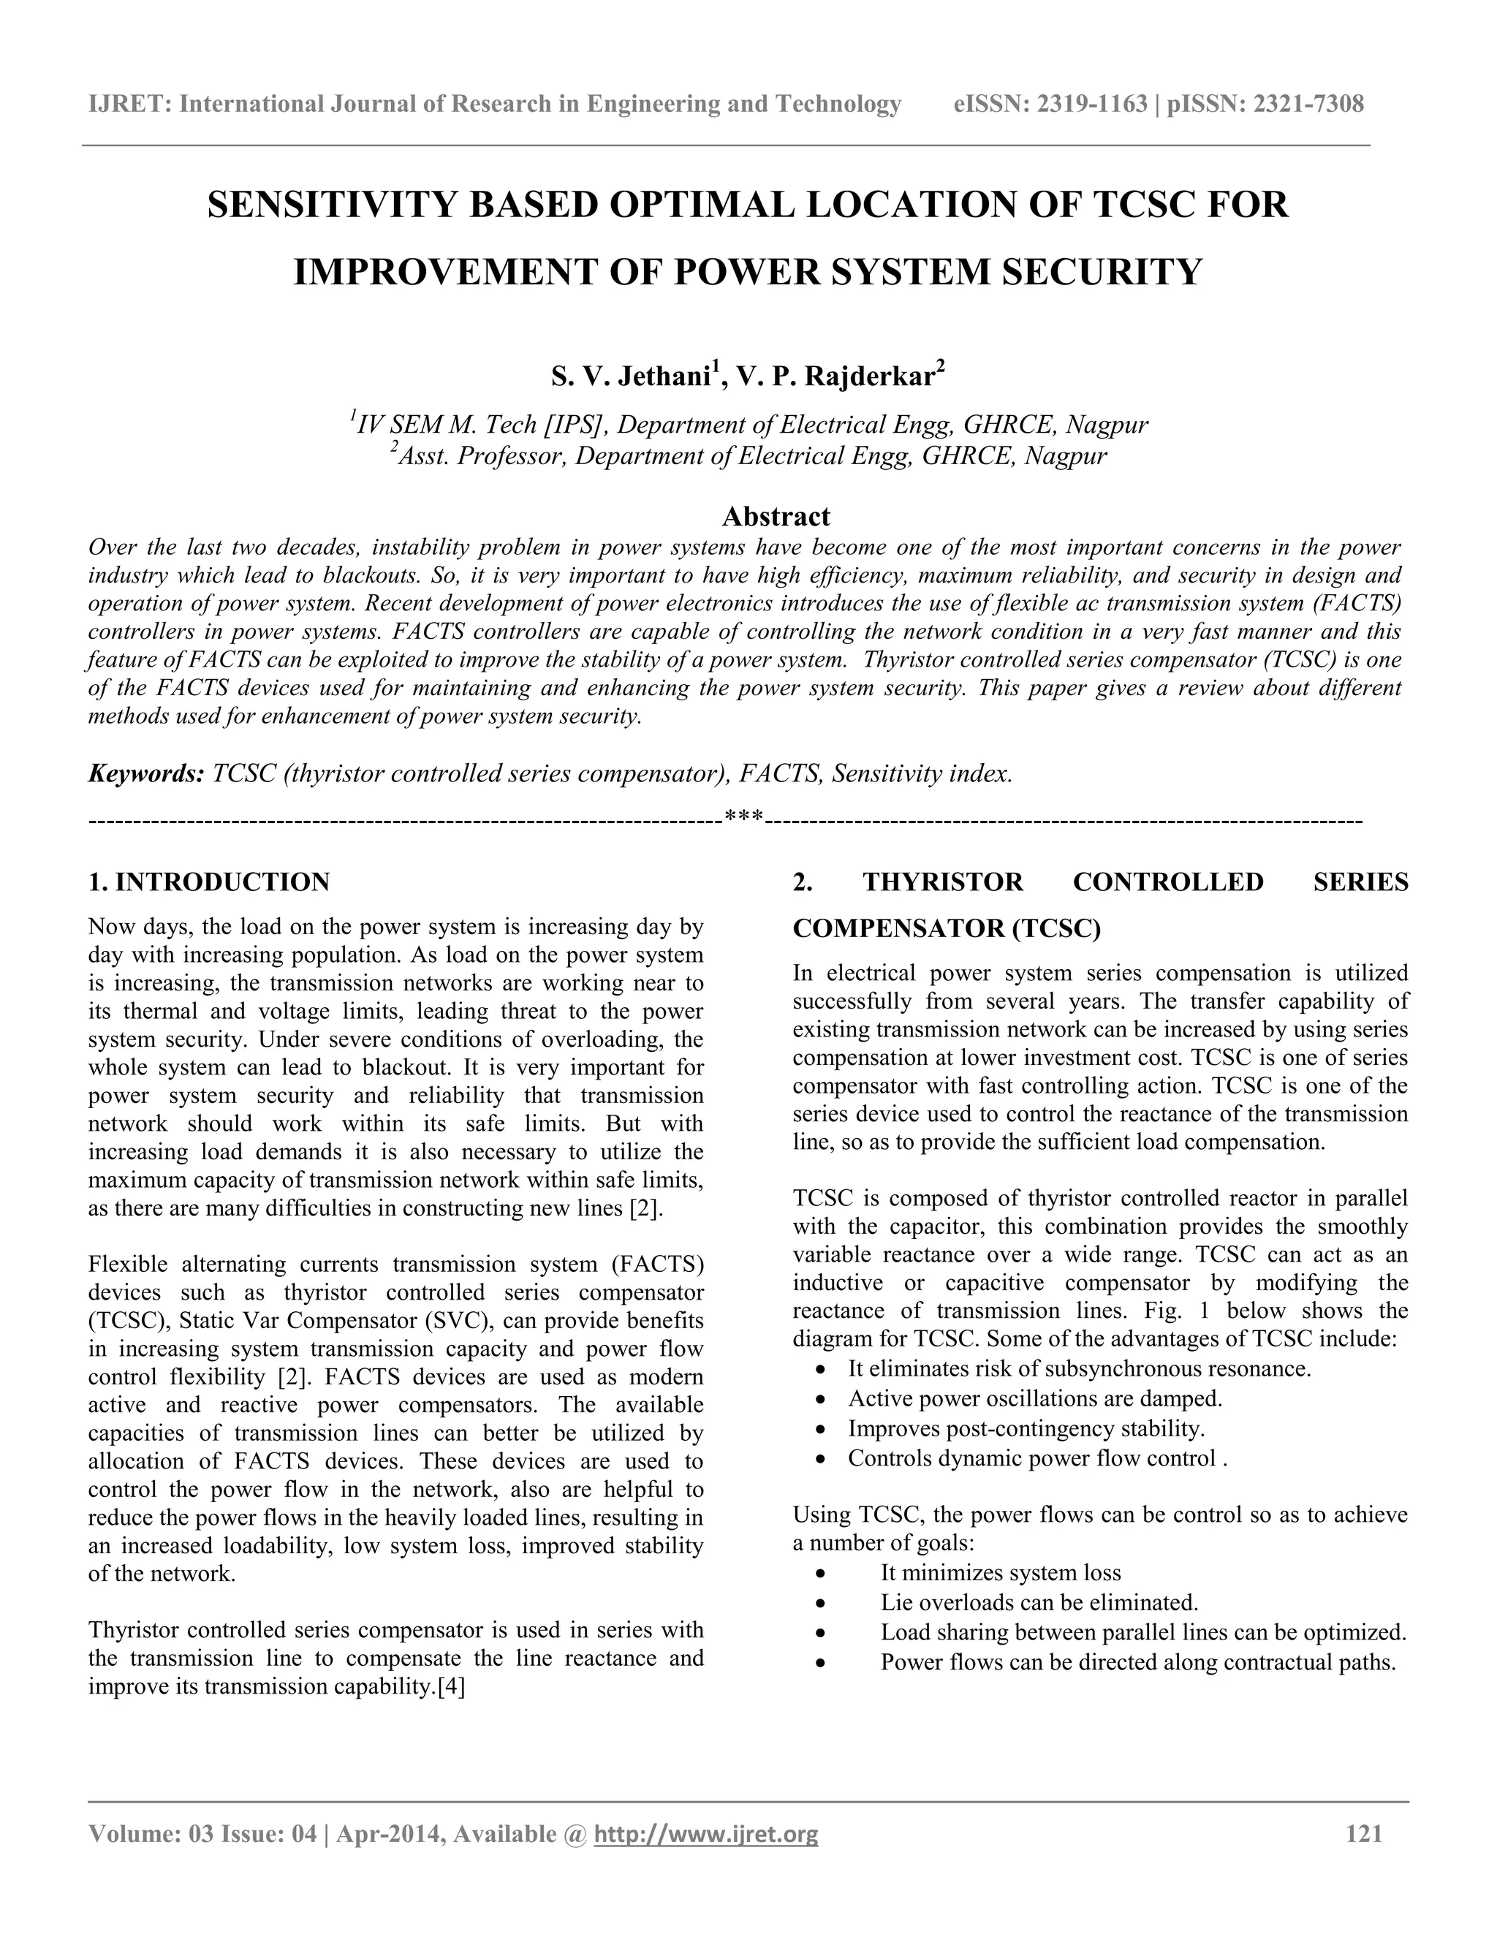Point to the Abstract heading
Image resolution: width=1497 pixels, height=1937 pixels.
776,516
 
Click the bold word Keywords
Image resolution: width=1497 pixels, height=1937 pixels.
146,773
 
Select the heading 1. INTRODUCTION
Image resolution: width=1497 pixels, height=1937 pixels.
209,882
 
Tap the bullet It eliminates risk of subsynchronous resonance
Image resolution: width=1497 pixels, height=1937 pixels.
1078,1368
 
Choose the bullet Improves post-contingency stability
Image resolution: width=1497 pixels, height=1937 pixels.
1026,1428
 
